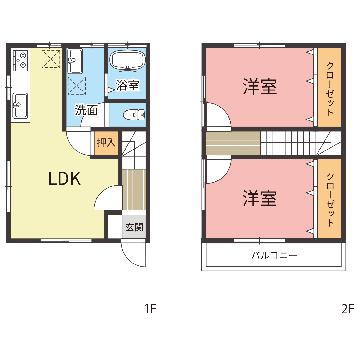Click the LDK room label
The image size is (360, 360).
pos(64,179)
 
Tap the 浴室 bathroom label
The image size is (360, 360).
pos(127,86)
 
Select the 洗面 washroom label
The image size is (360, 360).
pos(86,110)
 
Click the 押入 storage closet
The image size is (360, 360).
pos(106,143)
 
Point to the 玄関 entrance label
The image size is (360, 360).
pos(134,227)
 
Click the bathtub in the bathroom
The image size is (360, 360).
pos(128,60)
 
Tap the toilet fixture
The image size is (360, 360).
pos(134,115)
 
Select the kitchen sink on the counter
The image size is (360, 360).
pos(20,106)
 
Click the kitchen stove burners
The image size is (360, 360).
pos(20,60)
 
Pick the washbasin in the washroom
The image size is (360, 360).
pos(75,61)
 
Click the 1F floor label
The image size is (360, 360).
pos(150,308)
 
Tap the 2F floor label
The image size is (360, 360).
pos(347,308)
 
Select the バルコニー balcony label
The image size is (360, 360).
pos(274,256)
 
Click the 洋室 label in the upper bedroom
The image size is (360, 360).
pos(260,86)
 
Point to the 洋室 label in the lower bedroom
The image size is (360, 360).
pos(260,198)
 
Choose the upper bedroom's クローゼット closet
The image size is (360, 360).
pos(329,87)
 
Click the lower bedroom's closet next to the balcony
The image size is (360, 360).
pos(329,198)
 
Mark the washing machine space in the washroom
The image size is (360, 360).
pos(77,86)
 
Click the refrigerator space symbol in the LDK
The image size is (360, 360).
pos(51,59)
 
